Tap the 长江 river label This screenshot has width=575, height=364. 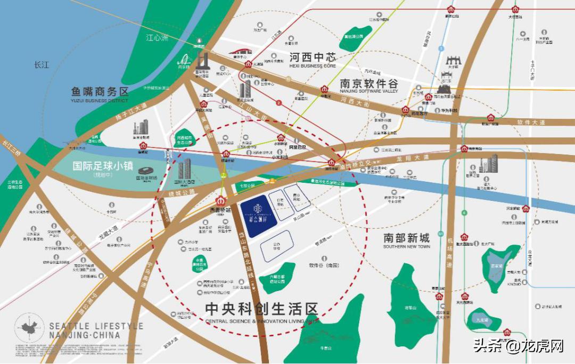pos(42,64)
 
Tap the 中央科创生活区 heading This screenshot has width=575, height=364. pos(261,309)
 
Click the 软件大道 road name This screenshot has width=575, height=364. pos(531,122)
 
